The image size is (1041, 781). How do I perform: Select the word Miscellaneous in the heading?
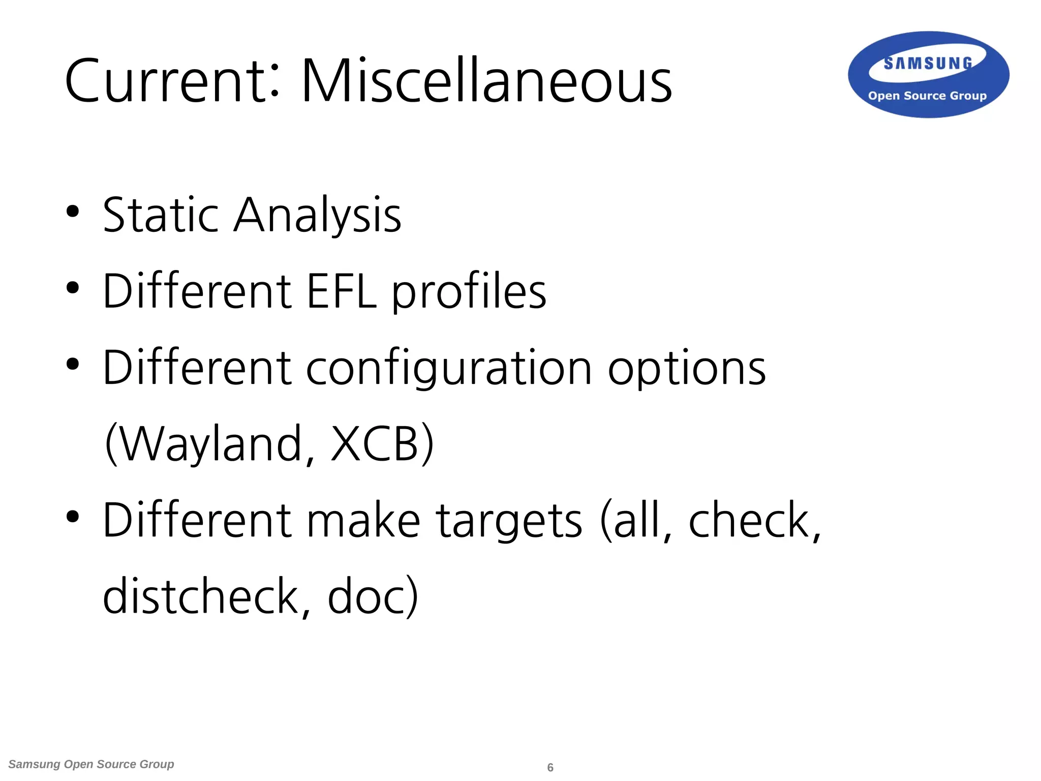coord(486,81)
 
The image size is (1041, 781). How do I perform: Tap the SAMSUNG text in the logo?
coord(928,64)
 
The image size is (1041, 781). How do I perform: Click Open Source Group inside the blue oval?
coord(927,96)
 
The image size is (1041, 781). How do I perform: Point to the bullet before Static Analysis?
coord(73,212)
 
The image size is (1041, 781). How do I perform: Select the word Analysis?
coord(317,216)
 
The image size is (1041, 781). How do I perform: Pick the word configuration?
coord(448,369)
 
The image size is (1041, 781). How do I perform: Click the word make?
coord(363,520)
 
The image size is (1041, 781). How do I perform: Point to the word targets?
coord(509,521)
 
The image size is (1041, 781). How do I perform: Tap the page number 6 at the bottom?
coord(550,767)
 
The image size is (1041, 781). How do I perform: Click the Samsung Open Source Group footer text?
coord(91,764)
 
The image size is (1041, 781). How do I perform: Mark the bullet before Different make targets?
coord(73,517)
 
